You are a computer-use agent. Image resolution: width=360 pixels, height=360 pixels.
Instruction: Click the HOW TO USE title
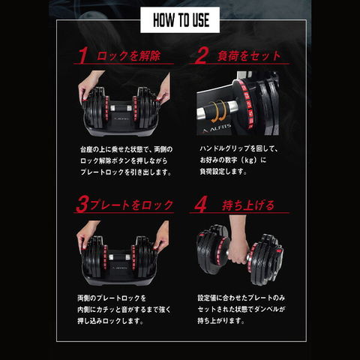(179, 17)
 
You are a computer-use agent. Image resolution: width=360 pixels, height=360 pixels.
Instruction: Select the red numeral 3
(82, 202)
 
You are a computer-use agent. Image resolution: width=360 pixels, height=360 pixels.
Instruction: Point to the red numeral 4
(199, 202)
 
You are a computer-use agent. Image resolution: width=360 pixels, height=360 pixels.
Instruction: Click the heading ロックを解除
(130, 55)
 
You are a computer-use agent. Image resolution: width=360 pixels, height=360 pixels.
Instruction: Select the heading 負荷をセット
(249, 55)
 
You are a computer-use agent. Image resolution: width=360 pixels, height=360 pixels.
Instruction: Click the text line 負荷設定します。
(223, 171)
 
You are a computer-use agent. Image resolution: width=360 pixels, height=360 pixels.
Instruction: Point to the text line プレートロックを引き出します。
(124, 171)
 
